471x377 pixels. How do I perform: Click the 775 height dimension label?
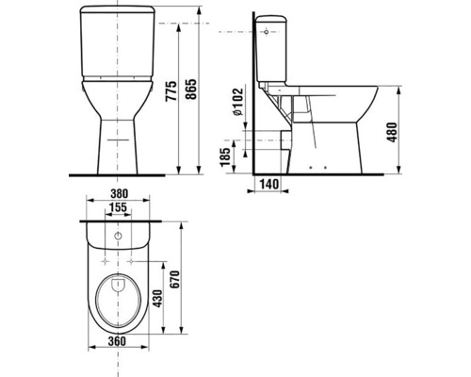(171, 91)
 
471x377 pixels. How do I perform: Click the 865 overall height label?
(190, 90)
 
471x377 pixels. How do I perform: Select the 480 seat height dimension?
(392, 132)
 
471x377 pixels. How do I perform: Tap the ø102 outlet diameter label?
(238, 101)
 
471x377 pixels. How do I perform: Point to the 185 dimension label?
(225, 156)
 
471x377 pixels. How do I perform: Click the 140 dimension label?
(268, 184)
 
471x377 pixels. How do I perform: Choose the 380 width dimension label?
(119, 193)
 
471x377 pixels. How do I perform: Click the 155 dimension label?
(118, 207)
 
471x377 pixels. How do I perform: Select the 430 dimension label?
(157, 299)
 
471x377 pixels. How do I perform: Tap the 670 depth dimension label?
(174, 280)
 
